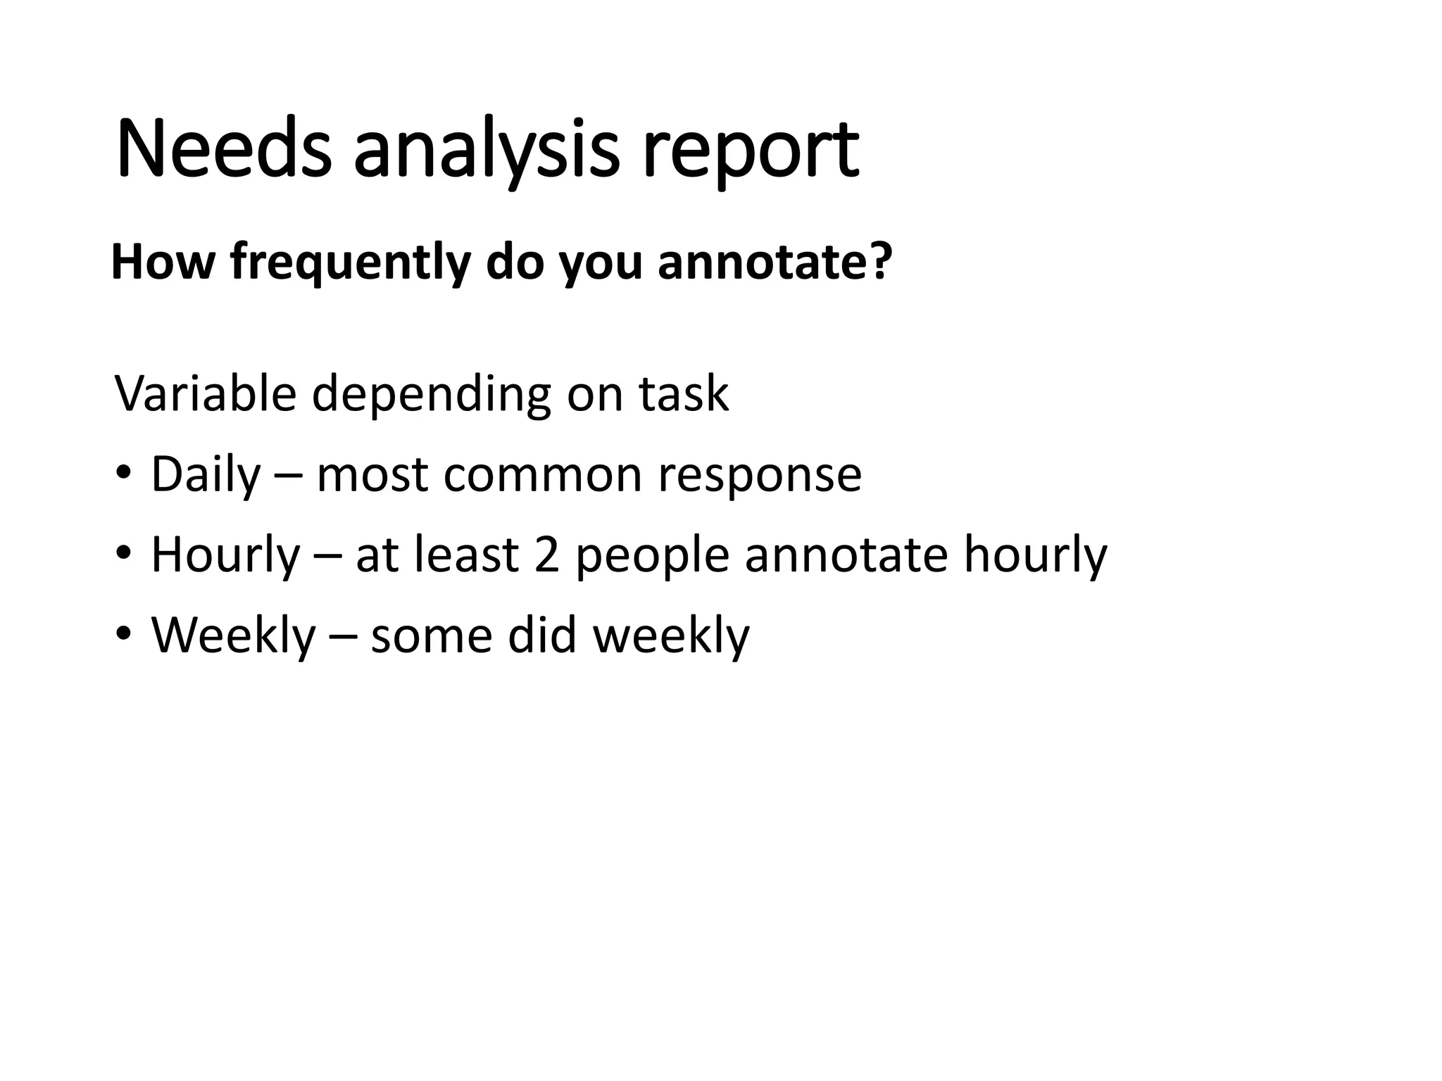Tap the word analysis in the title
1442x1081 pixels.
486,150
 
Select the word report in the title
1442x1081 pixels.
750,150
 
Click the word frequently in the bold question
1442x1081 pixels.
350,263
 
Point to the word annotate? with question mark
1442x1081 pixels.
775,263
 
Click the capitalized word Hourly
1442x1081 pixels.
225,555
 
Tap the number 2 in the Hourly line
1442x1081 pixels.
547,555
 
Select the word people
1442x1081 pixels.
652,555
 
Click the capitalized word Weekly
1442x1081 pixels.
233,635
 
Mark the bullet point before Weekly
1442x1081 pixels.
123,633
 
